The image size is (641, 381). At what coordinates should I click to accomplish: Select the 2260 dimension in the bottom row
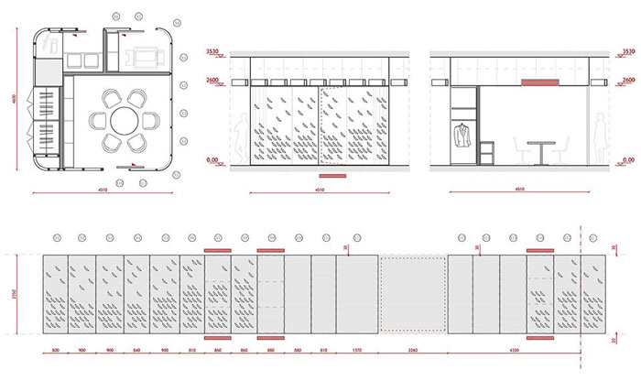[412, 351]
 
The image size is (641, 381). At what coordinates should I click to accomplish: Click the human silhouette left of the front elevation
[240, 141]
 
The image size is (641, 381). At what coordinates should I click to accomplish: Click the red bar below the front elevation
[331, 174]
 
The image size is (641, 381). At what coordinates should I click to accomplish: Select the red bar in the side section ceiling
[540, 82]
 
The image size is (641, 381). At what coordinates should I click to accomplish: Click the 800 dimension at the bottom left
[55, 351]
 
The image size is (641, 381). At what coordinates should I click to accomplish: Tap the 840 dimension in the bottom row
[136, 351]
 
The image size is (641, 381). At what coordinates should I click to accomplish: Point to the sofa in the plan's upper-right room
[146, 52]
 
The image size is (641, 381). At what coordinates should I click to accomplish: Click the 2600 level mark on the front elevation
[217, 82]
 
